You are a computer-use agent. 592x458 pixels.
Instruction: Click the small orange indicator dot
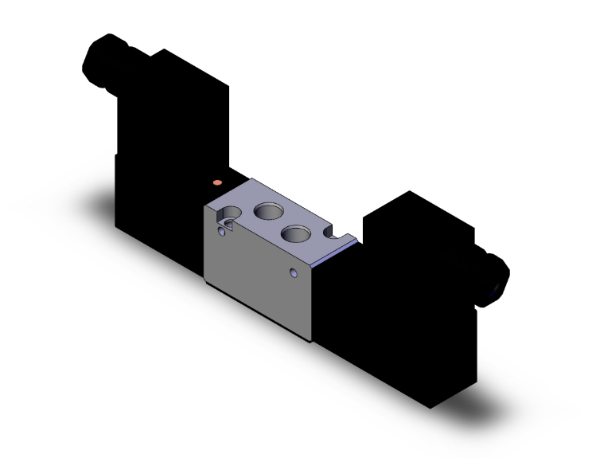pos(217,183)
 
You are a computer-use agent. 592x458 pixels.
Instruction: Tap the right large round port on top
pos(296,233)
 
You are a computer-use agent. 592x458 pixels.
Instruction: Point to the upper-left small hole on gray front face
pos(221,231)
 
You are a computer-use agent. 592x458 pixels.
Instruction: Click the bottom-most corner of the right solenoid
pos(430,407)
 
